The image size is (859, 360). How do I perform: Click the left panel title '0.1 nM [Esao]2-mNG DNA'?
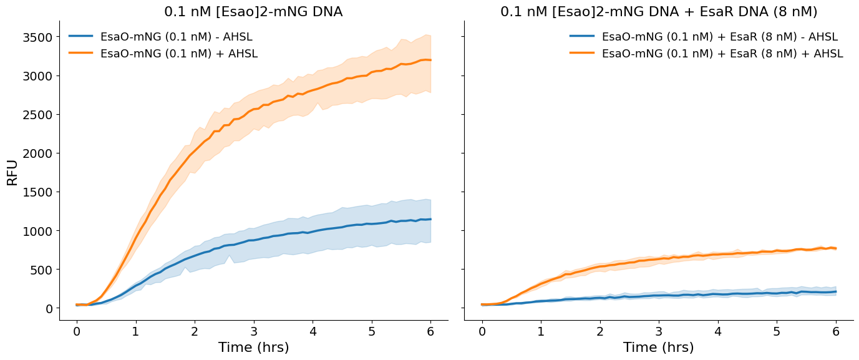pos(253,12)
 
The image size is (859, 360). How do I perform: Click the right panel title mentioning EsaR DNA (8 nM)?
pos(659,12)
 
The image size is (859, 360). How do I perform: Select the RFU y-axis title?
pos(12,173)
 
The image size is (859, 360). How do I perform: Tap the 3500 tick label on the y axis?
pos(37,37)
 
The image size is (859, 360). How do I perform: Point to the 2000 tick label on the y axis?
pos(37,153)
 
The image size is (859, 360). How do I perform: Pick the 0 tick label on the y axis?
pos(49,308)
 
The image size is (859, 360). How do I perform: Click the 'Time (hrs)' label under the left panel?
pos(253,348)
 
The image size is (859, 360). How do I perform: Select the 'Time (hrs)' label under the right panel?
pos(658,348)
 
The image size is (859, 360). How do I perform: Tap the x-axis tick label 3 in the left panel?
pos(254,331)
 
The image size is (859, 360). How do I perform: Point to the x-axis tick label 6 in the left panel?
pos(430,331)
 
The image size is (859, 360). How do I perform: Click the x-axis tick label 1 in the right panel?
pos(541,331)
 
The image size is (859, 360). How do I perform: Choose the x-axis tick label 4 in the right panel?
pos(718,331)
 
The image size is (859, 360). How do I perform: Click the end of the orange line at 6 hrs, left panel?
pos(430,60)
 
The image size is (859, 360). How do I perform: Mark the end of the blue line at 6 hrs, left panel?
pos(430,219)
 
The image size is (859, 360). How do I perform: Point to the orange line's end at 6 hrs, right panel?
pos(836,248)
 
